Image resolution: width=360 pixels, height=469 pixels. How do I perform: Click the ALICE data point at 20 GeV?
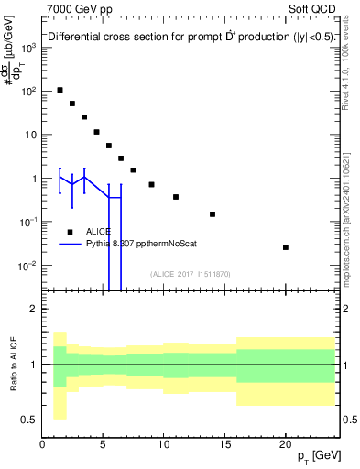point(286,247)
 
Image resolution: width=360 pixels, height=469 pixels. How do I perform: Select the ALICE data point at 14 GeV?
point(213,214)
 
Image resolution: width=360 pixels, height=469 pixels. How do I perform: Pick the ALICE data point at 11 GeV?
point(176,197)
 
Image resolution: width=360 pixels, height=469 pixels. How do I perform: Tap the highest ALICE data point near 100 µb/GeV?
point(60,90)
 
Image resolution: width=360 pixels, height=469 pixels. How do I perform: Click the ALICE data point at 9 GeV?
point(151,184)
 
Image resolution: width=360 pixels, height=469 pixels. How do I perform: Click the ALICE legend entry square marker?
point(70,232)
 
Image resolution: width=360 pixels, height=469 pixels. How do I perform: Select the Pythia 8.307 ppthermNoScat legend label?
point(141,244)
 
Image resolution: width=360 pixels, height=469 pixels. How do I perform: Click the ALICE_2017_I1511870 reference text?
point(191,273)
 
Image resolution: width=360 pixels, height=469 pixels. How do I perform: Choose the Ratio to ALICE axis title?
point(13,365)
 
